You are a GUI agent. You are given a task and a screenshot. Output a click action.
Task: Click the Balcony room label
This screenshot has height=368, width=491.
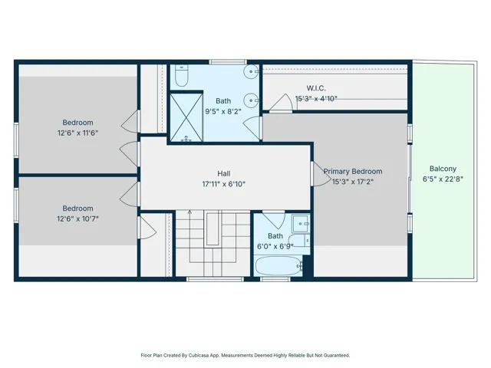click(x=443, y=169)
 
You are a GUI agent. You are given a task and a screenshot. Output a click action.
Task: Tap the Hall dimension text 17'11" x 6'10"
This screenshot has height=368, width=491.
click(x=223, y=184)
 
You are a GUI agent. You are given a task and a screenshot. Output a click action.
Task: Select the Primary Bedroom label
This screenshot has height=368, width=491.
click(x=353, y=172)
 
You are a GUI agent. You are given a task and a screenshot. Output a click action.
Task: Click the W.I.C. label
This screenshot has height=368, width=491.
click(x=316, y=88)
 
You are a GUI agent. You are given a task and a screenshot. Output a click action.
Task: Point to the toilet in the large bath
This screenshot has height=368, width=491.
click(x=181, y=75)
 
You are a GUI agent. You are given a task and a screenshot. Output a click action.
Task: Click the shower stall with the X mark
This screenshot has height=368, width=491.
click(x=186, y=117)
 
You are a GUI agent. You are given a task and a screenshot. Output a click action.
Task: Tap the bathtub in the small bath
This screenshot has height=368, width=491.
click(x=278, y=266)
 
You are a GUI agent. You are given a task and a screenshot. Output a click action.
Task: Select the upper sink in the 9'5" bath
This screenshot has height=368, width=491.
click(x=251, y=71)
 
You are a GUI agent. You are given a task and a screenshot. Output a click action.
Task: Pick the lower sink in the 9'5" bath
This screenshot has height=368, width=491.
click(x=251, y=100)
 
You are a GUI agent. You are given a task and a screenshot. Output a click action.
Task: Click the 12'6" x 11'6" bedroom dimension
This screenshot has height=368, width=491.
click(x=77, y=133)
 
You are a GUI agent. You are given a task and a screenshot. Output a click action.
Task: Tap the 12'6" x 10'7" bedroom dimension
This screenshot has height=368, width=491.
click(x=77, y=219)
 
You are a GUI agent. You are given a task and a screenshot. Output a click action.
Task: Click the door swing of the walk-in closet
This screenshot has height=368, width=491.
click(x=282, y=103)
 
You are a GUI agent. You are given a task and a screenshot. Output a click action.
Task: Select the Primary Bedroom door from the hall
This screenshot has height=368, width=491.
click(x=321, y=174)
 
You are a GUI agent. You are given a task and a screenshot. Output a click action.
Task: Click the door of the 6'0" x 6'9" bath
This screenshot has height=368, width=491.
click(x=274, y=220)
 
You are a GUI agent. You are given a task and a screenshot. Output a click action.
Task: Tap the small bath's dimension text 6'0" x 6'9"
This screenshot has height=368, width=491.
click(x=275, y=247)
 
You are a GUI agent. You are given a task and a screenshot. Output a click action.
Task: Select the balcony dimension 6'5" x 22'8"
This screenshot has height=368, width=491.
click(x=443, y=179)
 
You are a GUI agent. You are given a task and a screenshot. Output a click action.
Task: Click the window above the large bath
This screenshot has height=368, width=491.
click(x=228, y=62)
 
